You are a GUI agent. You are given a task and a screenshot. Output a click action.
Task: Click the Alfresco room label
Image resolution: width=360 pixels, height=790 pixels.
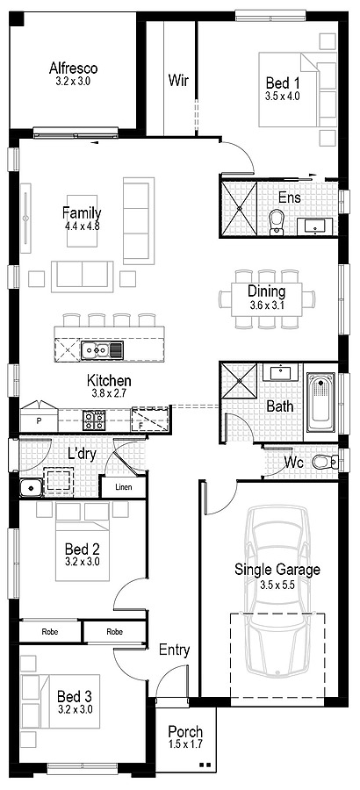[x=74, y=68]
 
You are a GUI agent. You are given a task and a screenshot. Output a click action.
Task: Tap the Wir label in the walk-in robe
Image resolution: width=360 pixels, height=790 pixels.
[x=178, y=80]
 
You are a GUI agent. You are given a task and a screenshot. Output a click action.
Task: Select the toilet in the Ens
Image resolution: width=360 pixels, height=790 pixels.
[x=277, y=223]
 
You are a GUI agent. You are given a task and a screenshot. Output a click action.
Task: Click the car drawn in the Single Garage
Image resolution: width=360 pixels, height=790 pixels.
[x=277, y=591]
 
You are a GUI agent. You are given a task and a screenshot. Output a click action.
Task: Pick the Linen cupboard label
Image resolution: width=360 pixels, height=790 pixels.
[x=124, y=486]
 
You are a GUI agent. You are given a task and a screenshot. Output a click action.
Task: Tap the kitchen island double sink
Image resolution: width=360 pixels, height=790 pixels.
[x=96, y=348]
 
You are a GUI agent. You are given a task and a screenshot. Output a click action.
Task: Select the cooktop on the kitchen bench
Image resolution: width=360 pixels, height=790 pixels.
[x=94, y=420]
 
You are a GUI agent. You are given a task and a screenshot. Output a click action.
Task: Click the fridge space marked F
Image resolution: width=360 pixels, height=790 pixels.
[x=150, y=420]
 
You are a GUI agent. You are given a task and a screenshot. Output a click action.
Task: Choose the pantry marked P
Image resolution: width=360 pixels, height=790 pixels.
[x=39, y=416]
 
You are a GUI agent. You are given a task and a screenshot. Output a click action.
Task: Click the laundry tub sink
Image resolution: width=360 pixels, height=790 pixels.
[x=31, y=488]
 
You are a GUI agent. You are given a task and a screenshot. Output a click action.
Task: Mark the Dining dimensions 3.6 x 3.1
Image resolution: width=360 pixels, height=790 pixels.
[x=267, y=305]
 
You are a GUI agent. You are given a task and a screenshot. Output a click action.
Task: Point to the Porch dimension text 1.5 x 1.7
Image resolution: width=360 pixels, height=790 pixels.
[x=185, y=743]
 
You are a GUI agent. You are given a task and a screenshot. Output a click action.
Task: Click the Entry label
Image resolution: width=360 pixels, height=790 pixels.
[x=175, y=650]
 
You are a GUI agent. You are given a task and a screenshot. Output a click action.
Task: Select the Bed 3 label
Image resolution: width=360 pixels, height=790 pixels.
[x=75, y=697]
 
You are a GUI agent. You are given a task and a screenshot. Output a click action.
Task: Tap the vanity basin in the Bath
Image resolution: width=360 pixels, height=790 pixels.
[x=281, y=373]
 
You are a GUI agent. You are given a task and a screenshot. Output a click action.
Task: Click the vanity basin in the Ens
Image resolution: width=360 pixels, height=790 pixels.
[x=315, y=226]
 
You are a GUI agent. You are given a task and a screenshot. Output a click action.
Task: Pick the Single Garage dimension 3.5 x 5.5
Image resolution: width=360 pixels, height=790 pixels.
[x=277, y=585]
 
